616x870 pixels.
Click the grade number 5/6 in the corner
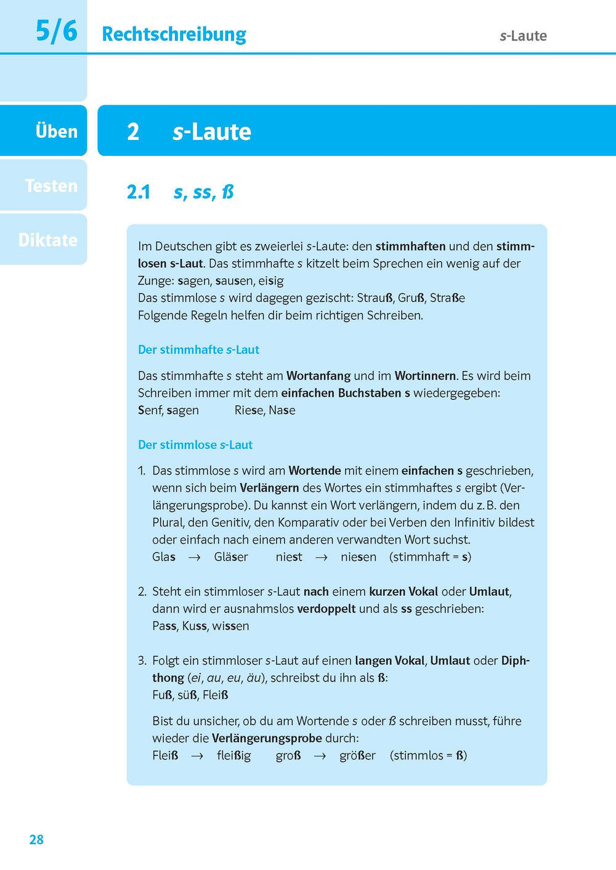(x=56, y=31)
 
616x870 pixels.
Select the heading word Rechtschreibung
(x=174, y=35)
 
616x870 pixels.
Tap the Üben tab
(x=56, y=131)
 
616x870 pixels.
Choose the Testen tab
(x=51, y=185)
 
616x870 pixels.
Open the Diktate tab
(x=48, y=240)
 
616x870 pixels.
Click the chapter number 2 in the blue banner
(x=133, y=132)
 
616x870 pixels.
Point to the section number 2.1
(x=139, y=192)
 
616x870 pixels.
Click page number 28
(x=36, y=839)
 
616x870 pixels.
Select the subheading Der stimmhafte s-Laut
(x=198, y=350)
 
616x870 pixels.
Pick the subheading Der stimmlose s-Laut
(x=195, y=445)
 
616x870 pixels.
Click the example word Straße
(x=447, y=298)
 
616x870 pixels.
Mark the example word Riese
(x=249, y=410)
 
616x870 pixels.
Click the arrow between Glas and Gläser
(x=195, y=558)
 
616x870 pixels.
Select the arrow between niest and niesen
(x=322, y=558)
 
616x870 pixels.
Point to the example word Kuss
(x=194, y=626)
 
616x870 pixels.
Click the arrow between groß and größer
(x=320, y=756)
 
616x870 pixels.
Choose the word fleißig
(x=233, y=756)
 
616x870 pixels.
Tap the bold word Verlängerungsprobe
(x=267, y=738)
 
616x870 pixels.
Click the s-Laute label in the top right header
(x=523, y=36)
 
